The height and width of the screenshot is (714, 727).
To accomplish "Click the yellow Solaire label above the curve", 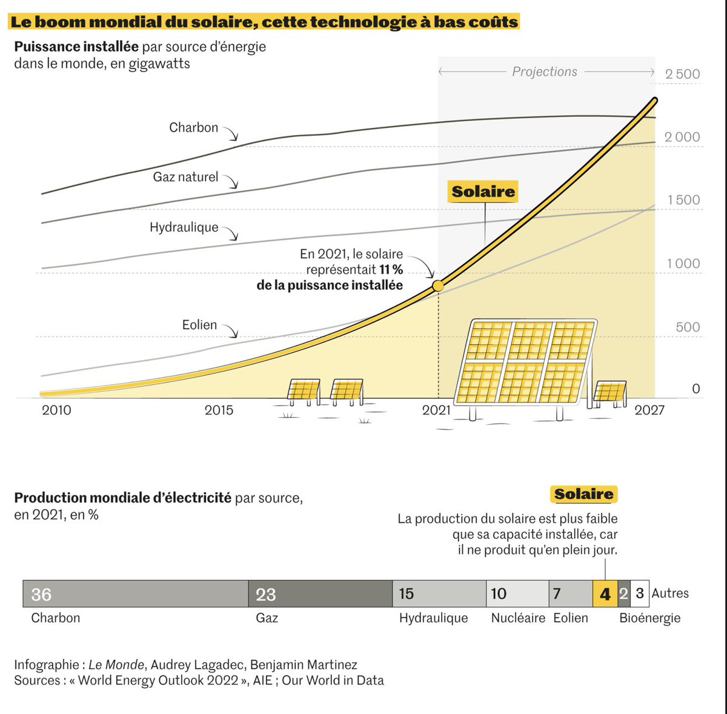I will pos(483,192).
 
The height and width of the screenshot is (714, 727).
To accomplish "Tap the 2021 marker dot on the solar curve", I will pos(437,285).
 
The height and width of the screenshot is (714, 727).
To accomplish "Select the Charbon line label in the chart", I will pos(193,128).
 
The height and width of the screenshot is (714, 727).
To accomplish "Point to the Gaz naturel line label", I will pos(185,177).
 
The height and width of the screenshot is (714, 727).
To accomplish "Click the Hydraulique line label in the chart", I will pos(184,228).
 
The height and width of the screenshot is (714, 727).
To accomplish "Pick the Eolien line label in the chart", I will pos(199,325).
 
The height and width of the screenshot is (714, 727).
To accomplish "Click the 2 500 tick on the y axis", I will pos(682,74).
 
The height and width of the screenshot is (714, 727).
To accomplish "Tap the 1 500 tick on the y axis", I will pos(683,201).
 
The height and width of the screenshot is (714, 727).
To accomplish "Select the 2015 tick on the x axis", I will pos(219,410).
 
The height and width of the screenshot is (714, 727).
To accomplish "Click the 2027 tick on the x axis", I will pos(649,410).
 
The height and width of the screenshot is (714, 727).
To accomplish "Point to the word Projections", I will pos(545,72).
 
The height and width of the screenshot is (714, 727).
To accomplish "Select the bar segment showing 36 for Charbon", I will pos(135,594).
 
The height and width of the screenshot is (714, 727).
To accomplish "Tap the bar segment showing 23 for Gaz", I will pos(320,594).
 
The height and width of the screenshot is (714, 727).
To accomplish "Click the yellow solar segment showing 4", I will pos(605,594).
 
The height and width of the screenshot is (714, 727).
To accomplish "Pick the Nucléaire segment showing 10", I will pos(517,594).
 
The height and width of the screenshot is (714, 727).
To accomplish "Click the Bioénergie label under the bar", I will pos(649,618).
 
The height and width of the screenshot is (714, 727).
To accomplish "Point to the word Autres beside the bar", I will pos(670,593).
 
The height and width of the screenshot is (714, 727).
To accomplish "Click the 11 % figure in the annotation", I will pos(391,270).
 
